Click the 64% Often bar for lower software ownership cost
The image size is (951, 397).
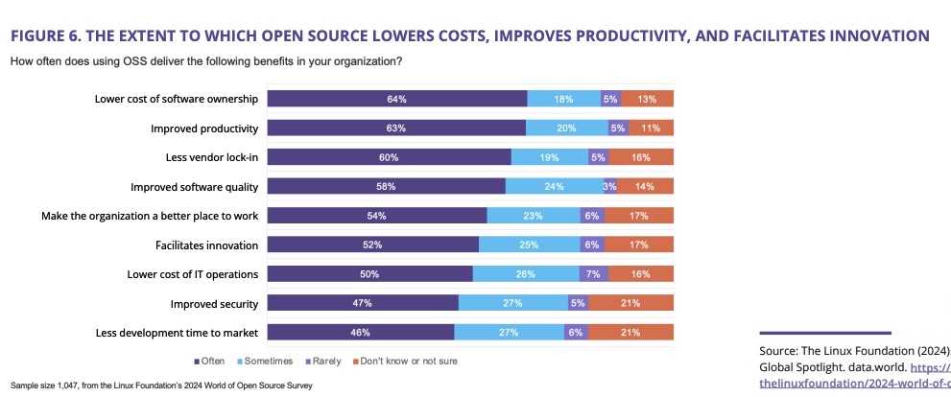[x=396, y=99]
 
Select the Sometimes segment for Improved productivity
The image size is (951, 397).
[x=566, y=128]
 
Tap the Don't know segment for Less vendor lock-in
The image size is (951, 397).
[x=640, y=157]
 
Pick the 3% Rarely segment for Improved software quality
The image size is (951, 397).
[x=609, y=186]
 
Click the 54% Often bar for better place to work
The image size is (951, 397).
[x=377, y=216]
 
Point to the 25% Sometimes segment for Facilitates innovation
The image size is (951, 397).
[x=529, y=245]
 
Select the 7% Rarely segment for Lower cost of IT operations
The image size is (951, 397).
[x=592, y=274]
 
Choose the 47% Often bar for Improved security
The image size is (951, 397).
[x=363, y=303]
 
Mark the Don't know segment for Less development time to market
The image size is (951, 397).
[x=630, y=333]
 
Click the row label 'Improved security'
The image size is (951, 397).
[x=214, y=304]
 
